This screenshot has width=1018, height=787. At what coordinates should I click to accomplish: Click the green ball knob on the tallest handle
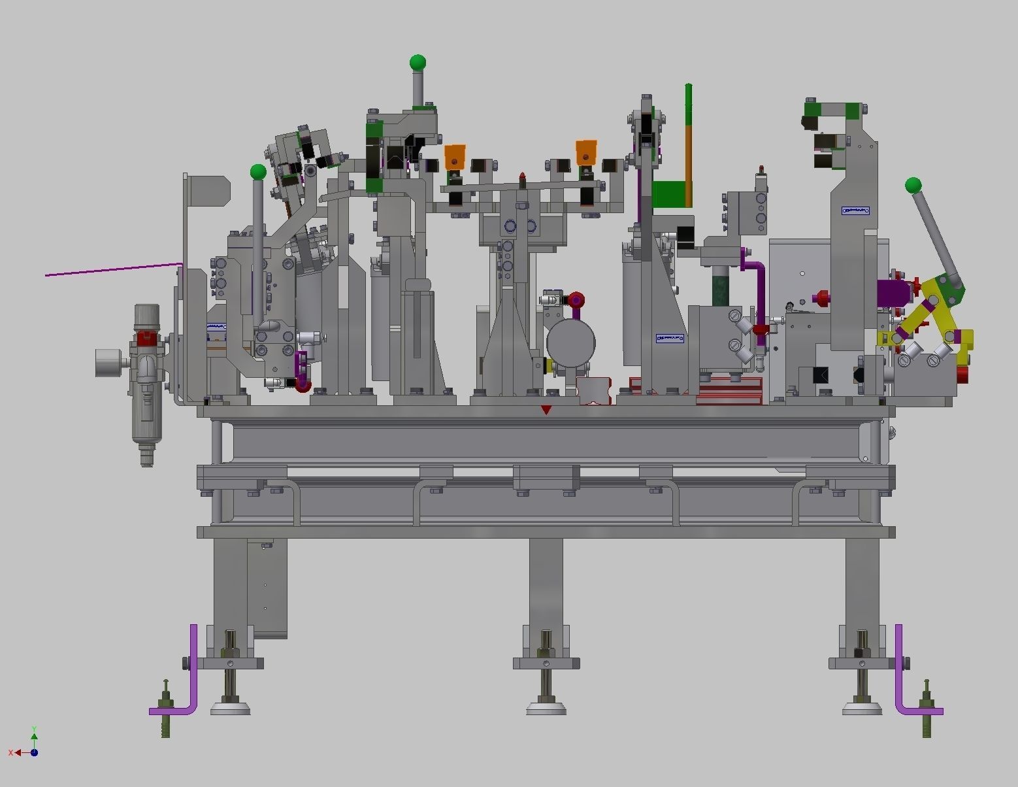[x=418, y=63]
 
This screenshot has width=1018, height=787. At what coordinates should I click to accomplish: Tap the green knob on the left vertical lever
[x=258, y=172]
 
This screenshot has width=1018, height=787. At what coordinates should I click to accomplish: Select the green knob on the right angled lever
[x=913, y=186]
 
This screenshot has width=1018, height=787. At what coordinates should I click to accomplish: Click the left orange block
[x=455, y=158]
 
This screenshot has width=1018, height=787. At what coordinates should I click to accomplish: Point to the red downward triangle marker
[x=546, y=410]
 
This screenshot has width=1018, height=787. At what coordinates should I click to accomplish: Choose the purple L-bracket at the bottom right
[x=905, y=680]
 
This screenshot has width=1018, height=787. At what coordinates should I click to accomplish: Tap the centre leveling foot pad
[x=546, y=708]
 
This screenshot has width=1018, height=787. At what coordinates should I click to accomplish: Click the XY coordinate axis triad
[x=29, y=746]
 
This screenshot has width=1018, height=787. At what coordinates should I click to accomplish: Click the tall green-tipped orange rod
[x=688, y=144]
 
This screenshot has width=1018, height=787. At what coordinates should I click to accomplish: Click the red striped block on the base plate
[x=729, y=391]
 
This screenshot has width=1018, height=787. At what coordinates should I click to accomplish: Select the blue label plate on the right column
[x=855, y=210]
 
